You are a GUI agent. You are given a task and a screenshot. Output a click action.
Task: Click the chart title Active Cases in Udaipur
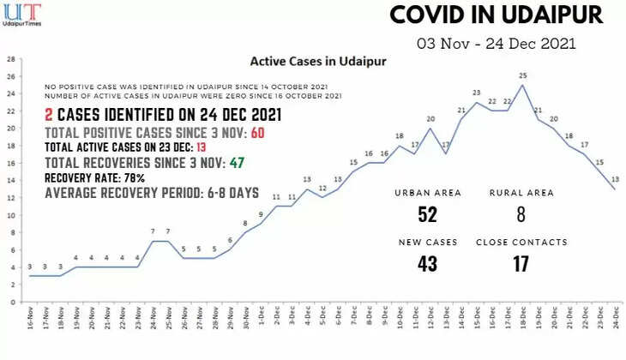[x=317, y=62]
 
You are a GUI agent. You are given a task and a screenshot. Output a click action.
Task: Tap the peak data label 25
[x=522, y=75]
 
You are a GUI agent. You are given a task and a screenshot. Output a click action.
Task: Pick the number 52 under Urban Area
[x=428, y=214]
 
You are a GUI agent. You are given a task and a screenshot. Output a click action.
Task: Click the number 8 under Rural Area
[x=521, y=214]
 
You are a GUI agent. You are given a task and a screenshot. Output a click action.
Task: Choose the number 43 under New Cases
[x=428, y=264]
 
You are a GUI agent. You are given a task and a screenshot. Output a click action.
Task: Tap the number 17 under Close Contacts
[x=521, y=264]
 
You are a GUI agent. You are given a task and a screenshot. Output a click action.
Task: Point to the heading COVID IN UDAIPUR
[x=497, y=15]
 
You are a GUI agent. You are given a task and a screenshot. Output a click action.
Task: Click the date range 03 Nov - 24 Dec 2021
[x=497, y=43]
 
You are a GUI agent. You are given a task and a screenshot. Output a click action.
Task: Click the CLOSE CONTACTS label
[x=521, y=243]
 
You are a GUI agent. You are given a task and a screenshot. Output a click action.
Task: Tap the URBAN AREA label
[x=428, y=193]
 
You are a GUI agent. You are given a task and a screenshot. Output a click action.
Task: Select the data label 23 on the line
[x=476, y=93]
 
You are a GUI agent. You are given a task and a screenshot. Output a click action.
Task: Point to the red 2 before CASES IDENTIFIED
[x=50, y=115]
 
